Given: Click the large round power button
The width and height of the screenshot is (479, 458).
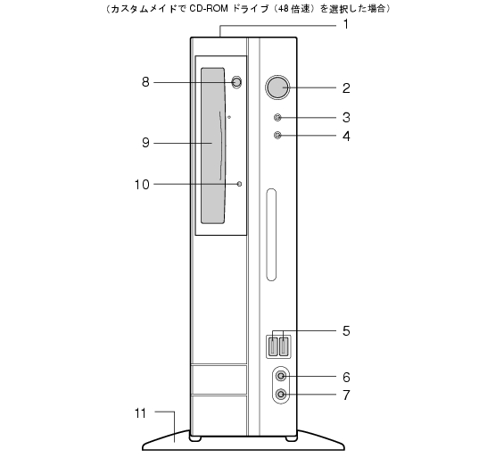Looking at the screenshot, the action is [x=277, y=87].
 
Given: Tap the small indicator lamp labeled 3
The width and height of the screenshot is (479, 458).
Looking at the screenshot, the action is [x=277, y=118].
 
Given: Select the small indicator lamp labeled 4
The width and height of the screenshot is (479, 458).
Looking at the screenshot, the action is [x=277, y=135].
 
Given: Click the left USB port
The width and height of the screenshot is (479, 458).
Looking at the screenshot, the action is [x=273, y=346].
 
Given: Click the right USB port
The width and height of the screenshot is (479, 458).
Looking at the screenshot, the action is [x=284, y=346].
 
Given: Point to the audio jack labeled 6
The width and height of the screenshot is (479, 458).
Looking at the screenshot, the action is [x=281, y=376].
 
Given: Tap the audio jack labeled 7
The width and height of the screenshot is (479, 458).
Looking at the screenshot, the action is [x=281, y=394].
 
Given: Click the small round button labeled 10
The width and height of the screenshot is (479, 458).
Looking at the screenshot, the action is [x=239, y=184].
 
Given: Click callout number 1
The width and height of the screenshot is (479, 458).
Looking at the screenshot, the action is [x=346, y=24].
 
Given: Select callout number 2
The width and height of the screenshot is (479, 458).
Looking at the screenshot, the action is [x=346, y=88].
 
